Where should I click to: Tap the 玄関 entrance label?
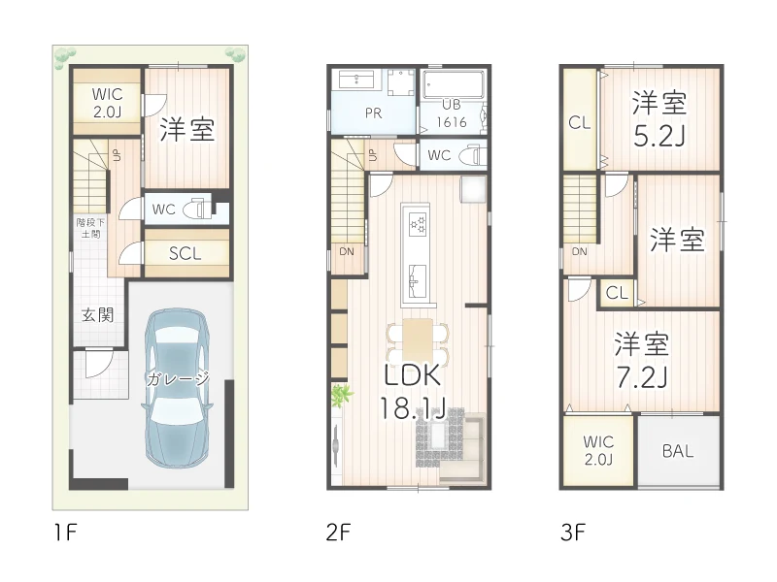[x=97, y=315]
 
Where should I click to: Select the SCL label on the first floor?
[x=185, y=254]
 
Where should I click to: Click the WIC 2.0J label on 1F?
[x=107, y=103]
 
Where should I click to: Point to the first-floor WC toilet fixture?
[x=199, y=208]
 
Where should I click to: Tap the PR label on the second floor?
[x=373, y=113]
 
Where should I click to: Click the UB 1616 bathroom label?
[x=453, y=113]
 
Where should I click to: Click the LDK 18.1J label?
[x=414, y=392]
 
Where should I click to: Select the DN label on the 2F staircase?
[x=346, y=252]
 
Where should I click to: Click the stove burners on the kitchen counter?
[x=419, y=224]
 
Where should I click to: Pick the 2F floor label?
[x=337, y=532]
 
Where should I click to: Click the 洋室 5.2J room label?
[x=659, y=118]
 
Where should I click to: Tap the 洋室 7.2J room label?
[x=642, y=360]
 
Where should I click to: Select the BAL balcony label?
[x=678, y=451]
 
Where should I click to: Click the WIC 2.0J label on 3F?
[x=597, y=450]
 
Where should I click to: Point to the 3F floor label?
[x=572, y=532]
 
